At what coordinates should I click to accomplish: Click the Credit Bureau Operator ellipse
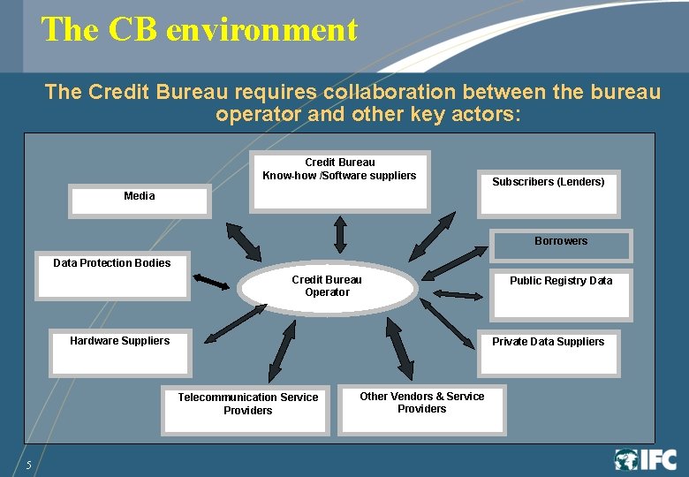point(327,286)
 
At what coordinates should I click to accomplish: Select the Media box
point(140,201)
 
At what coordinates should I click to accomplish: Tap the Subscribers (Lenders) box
point(549,193)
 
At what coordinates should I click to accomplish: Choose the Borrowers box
point(561,246)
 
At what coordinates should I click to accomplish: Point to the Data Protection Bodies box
point(112,276)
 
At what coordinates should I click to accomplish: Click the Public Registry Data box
point(560,294)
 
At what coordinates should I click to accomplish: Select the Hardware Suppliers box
point(120,351)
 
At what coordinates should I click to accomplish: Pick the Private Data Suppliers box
point(549,352)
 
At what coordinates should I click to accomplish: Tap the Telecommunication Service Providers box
point(247,408)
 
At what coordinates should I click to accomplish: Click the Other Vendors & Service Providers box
point(422,408)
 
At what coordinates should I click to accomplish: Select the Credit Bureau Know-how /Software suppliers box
point(339,180)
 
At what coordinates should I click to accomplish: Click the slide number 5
point(28,465)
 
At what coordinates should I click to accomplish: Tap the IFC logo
point(646,459)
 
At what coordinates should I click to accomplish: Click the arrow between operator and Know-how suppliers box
point(340,234)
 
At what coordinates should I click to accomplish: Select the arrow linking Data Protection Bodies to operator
point(211,282)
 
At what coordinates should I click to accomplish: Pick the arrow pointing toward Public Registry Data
point(458,294)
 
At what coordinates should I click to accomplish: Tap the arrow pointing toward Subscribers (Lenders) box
point(433,235)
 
